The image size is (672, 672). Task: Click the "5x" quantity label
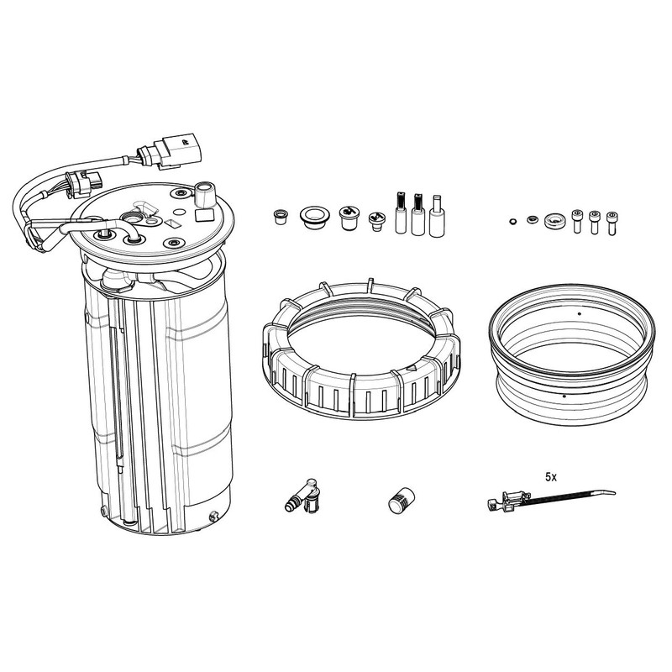[551, 477]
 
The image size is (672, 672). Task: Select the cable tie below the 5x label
[552, 499]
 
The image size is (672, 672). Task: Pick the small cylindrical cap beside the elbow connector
[402, 500]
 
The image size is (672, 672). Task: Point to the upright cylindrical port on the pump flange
[204, 194]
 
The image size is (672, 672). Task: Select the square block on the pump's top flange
[204, 215]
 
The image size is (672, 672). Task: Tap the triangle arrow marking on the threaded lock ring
[412, 367]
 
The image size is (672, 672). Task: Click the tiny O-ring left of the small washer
[512, 221]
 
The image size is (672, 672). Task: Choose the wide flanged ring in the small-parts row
[314, 218]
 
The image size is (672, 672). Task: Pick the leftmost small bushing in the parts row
[281, 217]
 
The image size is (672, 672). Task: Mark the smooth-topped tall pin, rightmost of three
[437, 216]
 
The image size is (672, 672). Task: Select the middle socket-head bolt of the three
[594, 222]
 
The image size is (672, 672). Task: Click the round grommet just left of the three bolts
[554, 221]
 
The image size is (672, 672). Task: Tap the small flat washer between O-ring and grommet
[532, 219]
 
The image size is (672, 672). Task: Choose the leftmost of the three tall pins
[401, 213]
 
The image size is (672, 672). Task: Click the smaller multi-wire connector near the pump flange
[85, 183]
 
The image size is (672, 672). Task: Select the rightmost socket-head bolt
[612, 223]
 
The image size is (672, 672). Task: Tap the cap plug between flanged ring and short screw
[349, 218]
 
